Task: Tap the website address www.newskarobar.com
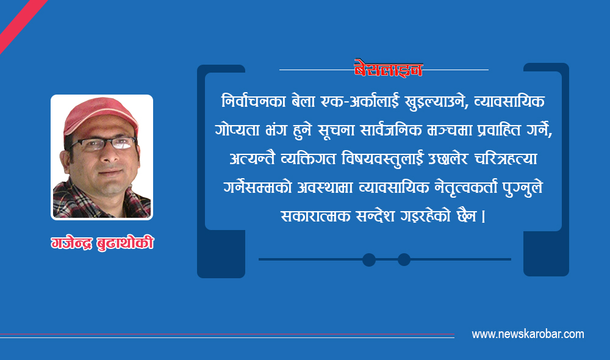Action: point(528,334)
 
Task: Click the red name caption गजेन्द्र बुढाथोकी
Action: point(102,243)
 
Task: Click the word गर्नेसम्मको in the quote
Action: point(257,189)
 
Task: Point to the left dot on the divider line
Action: point(369,259)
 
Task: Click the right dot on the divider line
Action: point(404,259)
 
